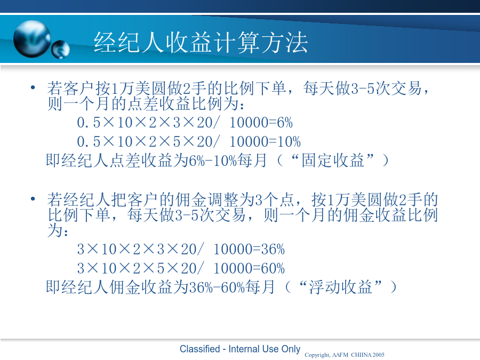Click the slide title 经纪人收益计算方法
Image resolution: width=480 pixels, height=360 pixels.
point(201,42)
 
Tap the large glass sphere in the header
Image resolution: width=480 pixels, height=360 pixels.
point(32,39)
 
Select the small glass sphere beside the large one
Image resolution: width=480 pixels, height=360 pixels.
point(61,49)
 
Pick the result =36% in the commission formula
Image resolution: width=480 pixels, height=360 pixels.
point(269,249)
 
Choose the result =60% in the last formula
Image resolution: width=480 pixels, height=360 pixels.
point(269,268)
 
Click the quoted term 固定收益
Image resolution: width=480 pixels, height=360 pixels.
point(333,160)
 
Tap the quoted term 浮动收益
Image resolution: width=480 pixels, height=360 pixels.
point(340,287)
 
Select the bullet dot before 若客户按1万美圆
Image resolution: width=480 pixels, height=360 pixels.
point(33,88)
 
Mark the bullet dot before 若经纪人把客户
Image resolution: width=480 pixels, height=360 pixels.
point(33,199)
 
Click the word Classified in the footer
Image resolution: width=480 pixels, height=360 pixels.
point(199,349)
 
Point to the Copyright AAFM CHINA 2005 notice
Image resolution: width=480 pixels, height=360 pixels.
point(345,355)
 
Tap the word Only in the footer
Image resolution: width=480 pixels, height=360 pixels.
point(291,349)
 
